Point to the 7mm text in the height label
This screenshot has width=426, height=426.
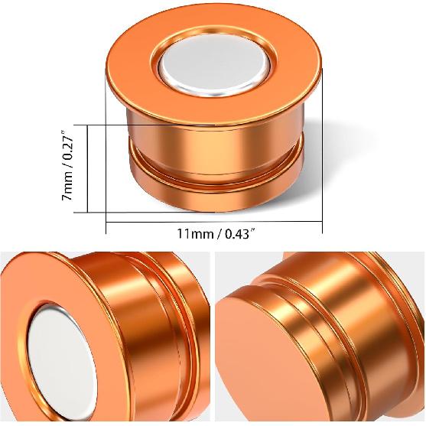[x=69, y=190]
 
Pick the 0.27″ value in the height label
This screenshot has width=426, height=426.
[x=69, y=145]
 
